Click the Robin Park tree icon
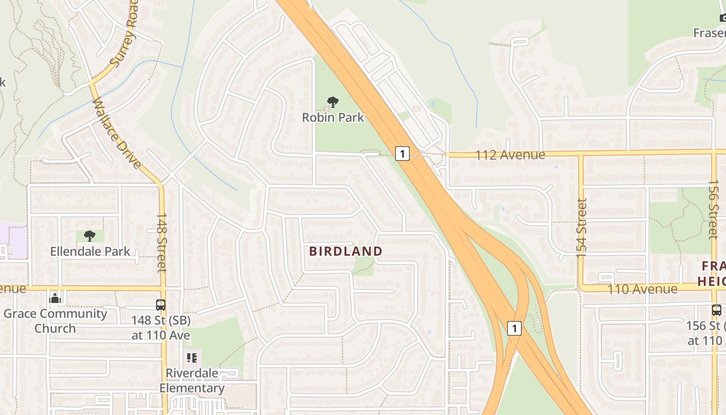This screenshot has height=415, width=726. [333, 102]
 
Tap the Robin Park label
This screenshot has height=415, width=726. [333, 117]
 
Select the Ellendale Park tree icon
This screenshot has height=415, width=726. [90, 237]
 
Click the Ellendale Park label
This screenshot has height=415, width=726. [90, 252]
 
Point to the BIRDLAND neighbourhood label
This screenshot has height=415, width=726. [346, 252]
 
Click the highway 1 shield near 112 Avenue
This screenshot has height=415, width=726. [402, 154]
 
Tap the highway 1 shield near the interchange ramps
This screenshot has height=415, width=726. [514, 328]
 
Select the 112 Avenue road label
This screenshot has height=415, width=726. [510, 155]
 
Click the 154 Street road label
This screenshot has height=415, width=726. [581, 228]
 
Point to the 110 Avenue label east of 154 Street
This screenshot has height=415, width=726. [642, 289]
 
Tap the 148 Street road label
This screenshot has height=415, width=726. [162, 242]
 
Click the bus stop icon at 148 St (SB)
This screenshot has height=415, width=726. [161, 305]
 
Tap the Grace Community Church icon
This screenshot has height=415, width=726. [55, 298]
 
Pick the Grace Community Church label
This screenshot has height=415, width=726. [55, 321]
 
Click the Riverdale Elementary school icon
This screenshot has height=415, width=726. [192, 358]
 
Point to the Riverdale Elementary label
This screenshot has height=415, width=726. [192, 381]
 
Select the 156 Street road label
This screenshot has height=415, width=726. [714, 209]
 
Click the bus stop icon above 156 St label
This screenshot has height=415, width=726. [716, 310]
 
